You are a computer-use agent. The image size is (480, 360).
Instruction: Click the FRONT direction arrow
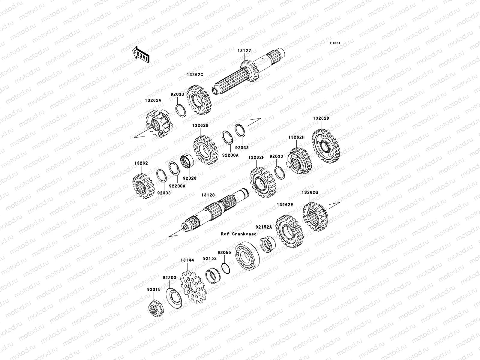(141, 55)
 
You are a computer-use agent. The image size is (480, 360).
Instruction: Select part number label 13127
(244, 51)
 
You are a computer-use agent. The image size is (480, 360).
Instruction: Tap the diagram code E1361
(335, 43)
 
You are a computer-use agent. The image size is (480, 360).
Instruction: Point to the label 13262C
(195, 75)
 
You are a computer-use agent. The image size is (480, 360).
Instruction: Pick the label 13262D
(321, 118)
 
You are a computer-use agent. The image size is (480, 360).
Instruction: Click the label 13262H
(296, 137)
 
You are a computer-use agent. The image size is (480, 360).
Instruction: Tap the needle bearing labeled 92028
(187, 161)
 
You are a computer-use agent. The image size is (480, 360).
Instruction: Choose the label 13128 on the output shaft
(208, 195)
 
